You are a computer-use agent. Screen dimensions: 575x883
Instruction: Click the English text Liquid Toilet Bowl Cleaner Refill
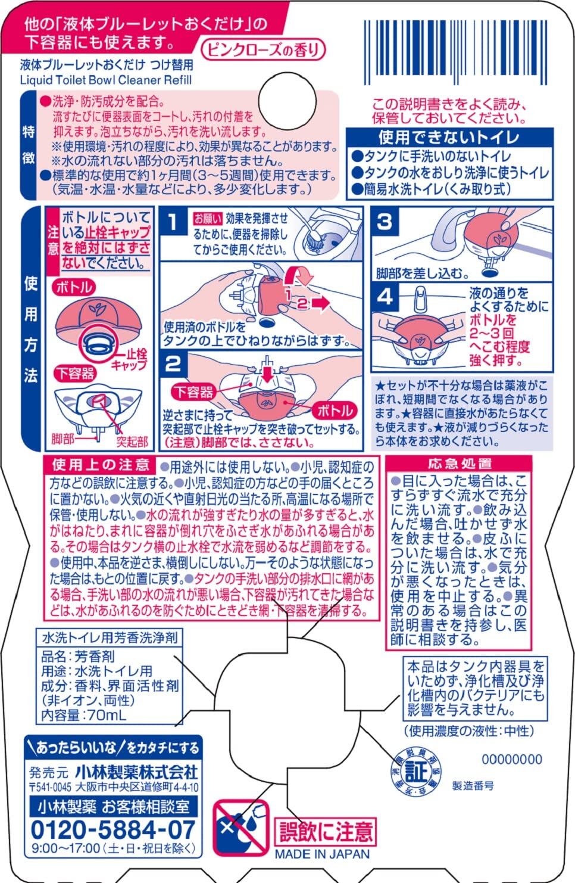pyautogui.click(x=106, y=79)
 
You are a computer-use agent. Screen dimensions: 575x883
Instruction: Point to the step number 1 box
pyautogui.click(x=173, y=223)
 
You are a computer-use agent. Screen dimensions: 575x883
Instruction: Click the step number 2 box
pyautogui.click(x=173, y=363)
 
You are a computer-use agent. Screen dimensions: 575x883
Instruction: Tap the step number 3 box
pyautogui.click(x=385, y=222)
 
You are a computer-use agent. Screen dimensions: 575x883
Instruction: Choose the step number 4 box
pyautogui.click(x=385, y=297)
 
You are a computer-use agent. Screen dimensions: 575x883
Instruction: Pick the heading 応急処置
pyautogui.click(x=460, y=464)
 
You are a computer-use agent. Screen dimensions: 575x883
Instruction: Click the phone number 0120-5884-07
pyautogui.click(x=113, y=829)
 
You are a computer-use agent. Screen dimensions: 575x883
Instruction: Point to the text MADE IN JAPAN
pyautogui.click(x=322, y=853)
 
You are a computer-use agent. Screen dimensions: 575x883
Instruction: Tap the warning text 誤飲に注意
pyautogui.click(x=325, y=831)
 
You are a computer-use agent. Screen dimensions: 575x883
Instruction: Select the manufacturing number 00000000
pyautogui.click(x=511, y=759)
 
